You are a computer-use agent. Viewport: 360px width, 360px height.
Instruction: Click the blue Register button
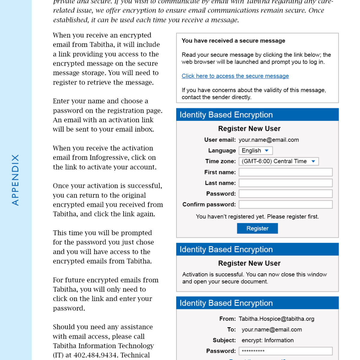click(x=257, y=228)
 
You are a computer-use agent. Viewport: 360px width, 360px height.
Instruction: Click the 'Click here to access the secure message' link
click(x=235, y=76)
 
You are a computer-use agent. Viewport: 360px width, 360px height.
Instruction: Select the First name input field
click(x=285, y=172)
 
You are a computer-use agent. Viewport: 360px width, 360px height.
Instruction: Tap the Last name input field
click(x=285, y=183)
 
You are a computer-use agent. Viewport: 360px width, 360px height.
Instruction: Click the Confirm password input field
click(x=285, y=205)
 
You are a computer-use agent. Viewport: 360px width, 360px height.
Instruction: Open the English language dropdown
click(x=256, y=151)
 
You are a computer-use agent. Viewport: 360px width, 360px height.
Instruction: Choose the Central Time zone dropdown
click(x=278, y=161)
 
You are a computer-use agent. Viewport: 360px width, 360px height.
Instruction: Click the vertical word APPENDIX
click(x=15, y=180)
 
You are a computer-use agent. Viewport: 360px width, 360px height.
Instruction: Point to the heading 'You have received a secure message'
click(x=233, y=41)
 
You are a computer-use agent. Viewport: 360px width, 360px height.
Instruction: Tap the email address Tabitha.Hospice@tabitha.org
click(x=276, y=319)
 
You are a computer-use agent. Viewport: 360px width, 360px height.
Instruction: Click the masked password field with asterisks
click(x=285, y=351)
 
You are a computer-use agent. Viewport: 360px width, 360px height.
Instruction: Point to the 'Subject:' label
click(x=224, y=340)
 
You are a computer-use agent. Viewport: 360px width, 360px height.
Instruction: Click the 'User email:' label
click(x=220, y=140)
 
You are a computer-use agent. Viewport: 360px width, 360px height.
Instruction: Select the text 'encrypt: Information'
click(x=268, y=340)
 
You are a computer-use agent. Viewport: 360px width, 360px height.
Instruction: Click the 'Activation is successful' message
click(x=254, y=278)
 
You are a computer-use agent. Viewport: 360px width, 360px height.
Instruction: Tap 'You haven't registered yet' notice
click(x=257, y=217)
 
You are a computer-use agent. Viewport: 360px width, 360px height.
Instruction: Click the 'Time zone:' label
click(x=220, y=161)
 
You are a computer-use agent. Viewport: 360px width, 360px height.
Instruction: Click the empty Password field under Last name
click(x=285, y=194)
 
